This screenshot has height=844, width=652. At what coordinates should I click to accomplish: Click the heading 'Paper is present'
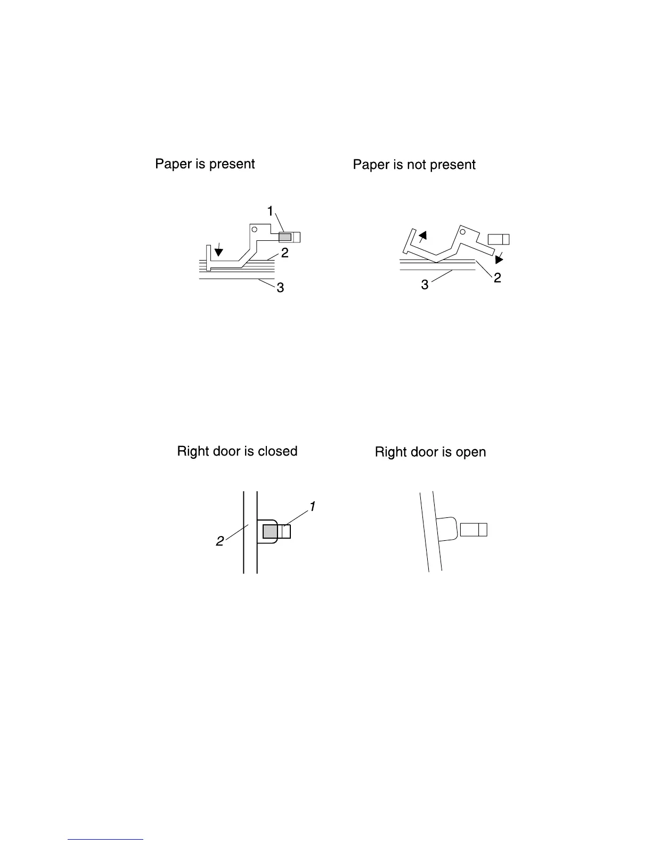(205, 164)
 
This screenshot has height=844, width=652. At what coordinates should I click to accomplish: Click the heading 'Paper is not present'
(414, 165)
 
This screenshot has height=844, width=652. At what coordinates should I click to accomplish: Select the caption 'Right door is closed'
(237, 451)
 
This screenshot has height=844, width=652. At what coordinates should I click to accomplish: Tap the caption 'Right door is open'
(430, 452)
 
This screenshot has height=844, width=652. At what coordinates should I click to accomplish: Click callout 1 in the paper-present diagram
(270, 212)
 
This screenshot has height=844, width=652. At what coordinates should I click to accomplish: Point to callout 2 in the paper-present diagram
(285, 253)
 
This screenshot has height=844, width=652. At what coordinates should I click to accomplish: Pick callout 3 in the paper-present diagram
(280, 288)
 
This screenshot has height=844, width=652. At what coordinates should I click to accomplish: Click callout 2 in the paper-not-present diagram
(497, 278)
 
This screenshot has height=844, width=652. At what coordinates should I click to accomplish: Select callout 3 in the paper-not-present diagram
(425, 285)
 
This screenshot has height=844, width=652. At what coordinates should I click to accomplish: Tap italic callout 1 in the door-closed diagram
(313, 506)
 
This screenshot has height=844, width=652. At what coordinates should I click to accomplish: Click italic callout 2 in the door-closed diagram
(219, 541)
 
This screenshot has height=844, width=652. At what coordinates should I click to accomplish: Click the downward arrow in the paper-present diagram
(218, 250)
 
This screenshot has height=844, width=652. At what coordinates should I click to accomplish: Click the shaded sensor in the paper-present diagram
(285, 237)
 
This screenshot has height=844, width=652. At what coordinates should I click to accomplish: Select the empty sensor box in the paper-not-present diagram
(499, 239)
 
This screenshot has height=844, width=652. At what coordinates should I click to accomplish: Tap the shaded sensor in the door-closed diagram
(270, 531)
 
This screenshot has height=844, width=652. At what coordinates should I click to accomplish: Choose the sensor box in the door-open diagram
(474, 530)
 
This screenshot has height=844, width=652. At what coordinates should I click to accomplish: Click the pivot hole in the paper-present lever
(255, 229)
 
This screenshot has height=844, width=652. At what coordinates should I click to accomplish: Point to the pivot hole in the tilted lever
(462, 231)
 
